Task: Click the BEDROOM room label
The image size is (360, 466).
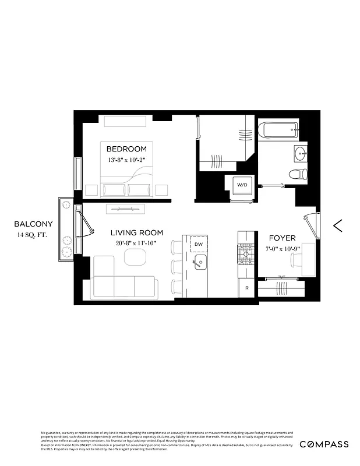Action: pyautogui.click(x=126, y=149)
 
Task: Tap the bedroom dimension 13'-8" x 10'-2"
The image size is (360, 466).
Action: pyautogui.click(x=126, y=160)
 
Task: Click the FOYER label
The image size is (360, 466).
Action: pyautogui.click(x=282, y=238)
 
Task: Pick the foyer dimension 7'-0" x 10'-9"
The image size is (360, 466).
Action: pyautogui.click(x=282, y=249)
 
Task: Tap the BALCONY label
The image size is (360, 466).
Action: pyautogui.click(x=33, y=224)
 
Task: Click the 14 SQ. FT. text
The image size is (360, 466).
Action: pyautogui.click(x=33, y=235)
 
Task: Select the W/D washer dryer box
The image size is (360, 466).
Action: pyautogui.click(x=241, y=185)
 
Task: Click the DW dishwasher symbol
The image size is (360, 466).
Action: pyautogui.click(x=199, y=244)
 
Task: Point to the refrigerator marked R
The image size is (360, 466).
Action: pyautogui.click(x=247, y=288)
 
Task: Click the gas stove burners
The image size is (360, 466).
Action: pyautogui.click(x=246, y=253)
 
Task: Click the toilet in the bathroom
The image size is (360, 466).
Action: pyautogui.click(x=299, y=173)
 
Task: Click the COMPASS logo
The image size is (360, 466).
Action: pyautogui.click(x=324, y=444)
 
